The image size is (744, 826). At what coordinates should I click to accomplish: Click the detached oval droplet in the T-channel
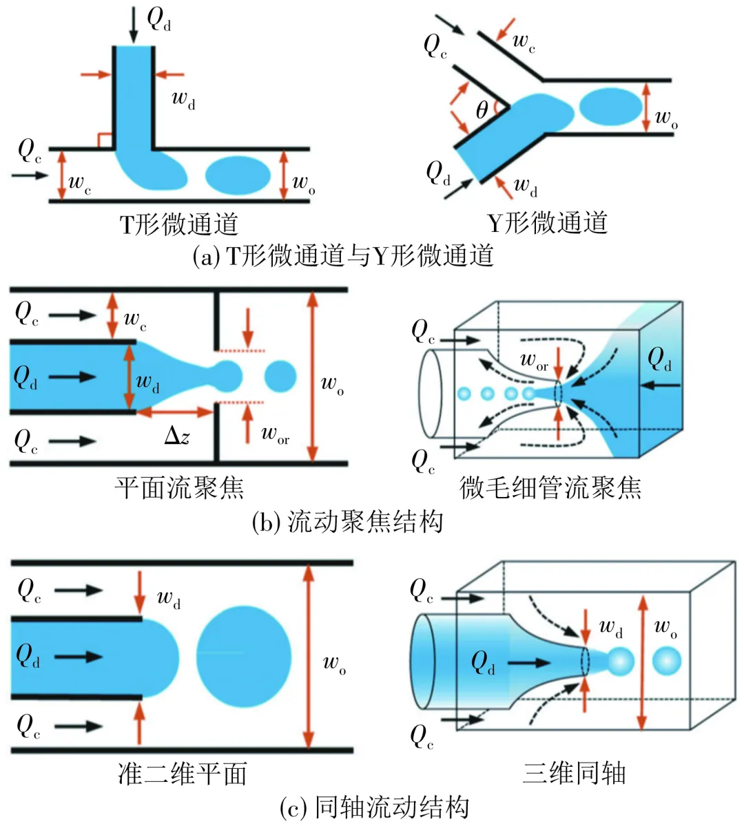point(238,175)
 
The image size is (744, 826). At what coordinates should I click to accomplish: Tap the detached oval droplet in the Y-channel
point(610,106)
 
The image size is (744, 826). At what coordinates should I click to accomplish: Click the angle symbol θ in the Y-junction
point(482,110)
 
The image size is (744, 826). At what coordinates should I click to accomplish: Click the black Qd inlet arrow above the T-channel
point(134,24)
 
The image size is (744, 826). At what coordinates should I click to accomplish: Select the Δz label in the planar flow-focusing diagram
point(177,435)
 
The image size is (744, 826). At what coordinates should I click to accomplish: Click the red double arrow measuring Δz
point(175,412)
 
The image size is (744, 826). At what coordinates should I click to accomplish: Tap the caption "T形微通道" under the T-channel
point(179,224)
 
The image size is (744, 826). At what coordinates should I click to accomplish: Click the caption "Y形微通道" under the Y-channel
point(548,223)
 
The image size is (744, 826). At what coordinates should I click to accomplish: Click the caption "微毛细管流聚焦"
point(550,488)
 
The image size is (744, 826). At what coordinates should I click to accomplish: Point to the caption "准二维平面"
point(183,773)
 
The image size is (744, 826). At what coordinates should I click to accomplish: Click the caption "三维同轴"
point(574,773)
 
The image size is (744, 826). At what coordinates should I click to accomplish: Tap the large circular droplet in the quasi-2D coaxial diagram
point(244,657)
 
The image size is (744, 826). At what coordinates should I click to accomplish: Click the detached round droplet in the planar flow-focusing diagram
point(280,376)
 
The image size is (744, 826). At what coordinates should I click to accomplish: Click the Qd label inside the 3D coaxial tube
point(483,664)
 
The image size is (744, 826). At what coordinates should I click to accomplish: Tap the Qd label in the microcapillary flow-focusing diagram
point(659,359)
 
